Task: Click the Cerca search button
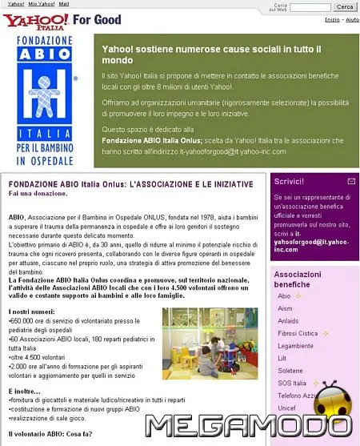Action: click(344, 7)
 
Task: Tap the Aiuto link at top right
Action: click(351, 19)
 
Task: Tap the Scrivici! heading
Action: click(289, 182)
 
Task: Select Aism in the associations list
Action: click(285, 308)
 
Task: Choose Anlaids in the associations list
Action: click(289, 321)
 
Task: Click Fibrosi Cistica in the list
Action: click(298, 333)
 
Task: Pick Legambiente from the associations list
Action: click(296, 346)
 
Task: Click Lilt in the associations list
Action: click(282, 359)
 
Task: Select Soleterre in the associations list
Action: click(290, 371)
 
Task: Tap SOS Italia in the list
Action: click(292, 384)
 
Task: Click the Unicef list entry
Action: click(286, 408)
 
